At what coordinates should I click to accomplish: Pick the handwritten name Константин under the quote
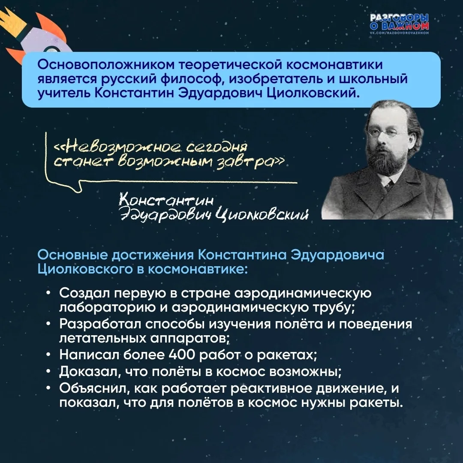(x=166, y=201)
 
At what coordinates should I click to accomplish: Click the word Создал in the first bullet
(x=84, y=293)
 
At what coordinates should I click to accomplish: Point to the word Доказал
(x=90, y=372)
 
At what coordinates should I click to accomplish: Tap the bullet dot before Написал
(x=48, y=355)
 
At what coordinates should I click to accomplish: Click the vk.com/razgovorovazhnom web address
(x=400, y=33)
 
